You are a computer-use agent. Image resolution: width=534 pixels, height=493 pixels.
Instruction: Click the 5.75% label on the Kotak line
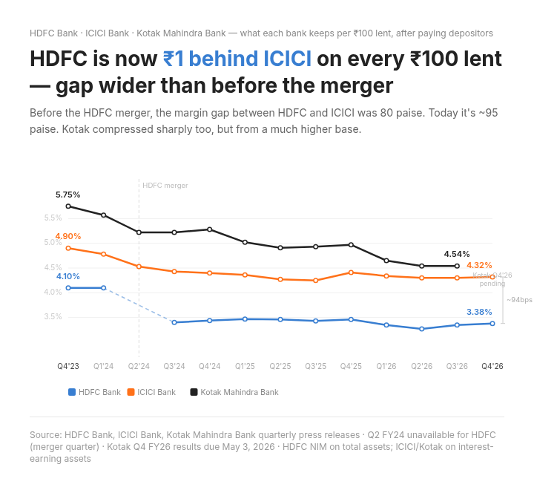point(67,195)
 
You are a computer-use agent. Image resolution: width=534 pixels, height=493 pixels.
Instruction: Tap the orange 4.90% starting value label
point(67,236)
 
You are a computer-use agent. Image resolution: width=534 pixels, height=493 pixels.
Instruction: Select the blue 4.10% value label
point(67,276)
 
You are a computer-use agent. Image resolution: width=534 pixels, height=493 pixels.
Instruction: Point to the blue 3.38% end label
point(479,312)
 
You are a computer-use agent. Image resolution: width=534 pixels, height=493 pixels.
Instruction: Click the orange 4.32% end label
point(479,265)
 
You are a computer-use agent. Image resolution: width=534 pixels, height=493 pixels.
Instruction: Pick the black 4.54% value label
point(456,254)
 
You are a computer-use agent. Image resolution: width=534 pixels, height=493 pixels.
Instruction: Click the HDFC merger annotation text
point(165,186)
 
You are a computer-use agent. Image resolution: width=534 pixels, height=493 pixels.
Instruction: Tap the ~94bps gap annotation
point(519,300)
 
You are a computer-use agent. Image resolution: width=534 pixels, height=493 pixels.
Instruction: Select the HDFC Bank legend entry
point(94,392)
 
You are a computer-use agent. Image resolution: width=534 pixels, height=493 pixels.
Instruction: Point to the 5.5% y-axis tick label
point(53,218)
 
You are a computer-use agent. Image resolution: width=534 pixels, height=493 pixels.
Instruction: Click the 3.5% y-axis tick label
point(53,317)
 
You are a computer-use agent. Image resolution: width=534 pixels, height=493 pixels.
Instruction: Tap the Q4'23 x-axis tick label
point(68,366)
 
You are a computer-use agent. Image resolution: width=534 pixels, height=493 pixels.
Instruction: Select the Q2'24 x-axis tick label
point(139,366)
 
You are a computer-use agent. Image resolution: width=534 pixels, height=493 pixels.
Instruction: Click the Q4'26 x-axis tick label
point(492,366)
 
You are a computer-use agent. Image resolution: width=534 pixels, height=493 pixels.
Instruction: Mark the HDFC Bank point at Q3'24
point(174,322)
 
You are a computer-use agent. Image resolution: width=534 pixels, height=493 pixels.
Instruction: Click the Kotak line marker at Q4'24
point(210,229)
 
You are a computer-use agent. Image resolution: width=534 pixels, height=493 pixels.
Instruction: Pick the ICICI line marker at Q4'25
point(351,272)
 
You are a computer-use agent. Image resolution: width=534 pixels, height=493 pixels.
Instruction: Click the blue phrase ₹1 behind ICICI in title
point(237,59)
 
